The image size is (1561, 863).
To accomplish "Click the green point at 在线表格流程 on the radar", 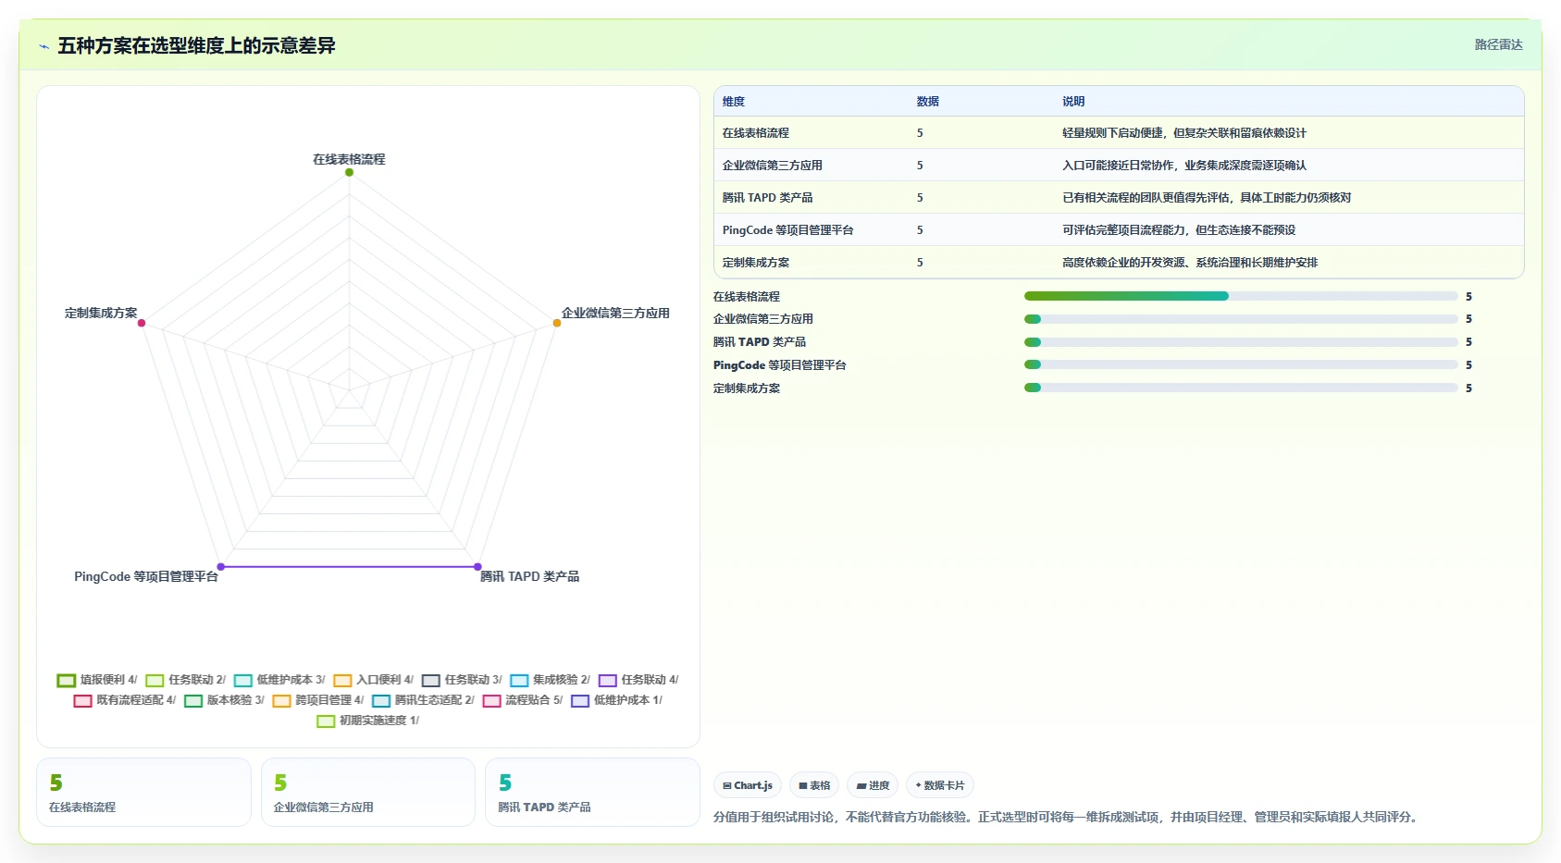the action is [x=349, y=172].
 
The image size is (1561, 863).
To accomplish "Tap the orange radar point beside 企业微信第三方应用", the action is [x=557, y=323].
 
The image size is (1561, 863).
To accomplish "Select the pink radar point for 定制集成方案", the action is [x=142, y=323].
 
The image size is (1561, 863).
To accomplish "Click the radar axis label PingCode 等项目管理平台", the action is [x=146, y=576].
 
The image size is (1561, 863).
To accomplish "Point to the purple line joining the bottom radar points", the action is [x=349, y=566].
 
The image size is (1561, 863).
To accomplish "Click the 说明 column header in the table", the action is [x=1073, y=101].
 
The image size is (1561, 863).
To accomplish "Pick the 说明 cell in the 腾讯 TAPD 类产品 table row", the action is [x=1207, y=197].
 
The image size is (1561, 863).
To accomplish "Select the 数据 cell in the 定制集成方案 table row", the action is [x=920, y=262].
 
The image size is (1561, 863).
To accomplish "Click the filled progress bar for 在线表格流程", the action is [x=1126, y=296].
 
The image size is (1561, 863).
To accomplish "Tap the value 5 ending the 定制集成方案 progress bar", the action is [x=1468, y=388].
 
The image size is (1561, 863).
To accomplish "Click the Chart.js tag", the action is [x=748, y=785].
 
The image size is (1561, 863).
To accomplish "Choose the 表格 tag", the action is [x=814, y=785].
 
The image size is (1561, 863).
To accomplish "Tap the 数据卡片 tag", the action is [x=939, y=785].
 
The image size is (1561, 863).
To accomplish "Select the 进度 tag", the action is [x=873, y=785].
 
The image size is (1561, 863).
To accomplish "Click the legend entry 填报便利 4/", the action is [x=97, y=680].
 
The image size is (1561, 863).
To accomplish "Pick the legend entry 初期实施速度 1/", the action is [x=368, y=721].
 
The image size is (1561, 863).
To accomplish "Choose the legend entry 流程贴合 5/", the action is [x=523, y=700].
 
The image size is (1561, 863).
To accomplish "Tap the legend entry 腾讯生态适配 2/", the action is [x=423, y=700].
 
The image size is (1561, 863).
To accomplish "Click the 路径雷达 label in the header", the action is [x=1498, y=44].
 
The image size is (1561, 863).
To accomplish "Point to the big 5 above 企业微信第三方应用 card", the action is [x=280, y=783].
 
